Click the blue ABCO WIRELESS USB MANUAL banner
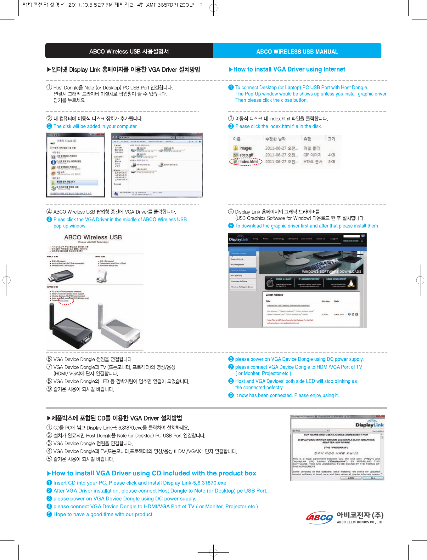297,51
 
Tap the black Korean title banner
129,51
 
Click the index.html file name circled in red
248,162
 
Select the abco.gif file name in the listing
246,155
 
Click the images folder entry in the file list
245,148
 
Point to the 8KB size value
331,162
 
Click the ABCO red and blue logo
319,517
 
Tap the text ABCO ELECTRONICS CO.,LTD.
360,522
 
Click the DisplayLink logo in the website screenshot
239,239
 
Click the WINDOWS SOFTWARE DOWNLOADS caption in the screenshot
331,271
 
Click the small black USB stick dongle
60,276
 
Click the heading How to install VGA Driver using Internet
289,69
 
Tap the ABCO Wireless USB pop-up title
93,237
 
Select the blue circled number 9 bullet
231,395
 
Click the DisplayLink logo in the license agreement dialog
369,424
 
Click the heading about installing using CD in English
154,473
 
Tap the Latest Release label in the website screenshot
274,295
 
